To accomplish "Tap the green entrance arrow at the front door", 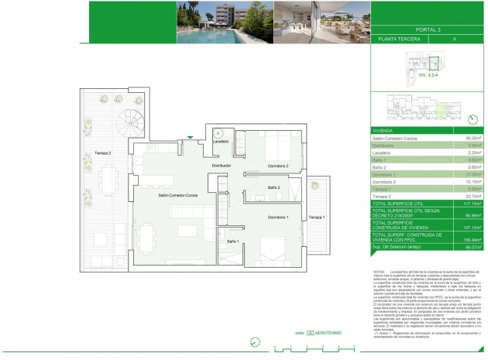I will [188, 138].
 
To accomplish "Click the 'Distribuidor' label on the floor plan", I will [222, 166].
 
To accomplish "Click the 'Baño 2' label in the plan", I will [273, 188].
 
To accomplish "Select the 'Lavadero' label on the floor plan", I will [220, 142].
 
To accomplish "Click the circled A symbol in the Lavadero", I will [219, 133].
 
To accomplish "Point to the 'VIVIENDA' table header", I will [384, 131].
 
